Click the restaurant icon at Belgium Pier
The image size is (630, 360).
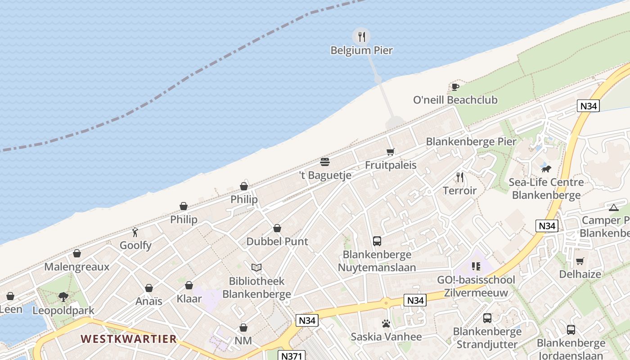[362, 37]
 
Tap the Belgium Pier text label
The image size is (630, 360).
[362, 50]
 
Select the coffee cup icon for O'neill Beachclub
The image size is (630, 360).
[455, 87]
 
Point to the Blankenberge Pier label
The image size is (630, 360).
[471, 141]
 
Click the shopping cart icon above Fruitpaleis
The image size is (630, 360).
[390, 152]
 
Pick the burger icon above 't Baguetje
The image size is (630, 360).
[325, 162]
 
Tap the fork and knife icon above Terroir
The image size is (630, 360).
[459, 177]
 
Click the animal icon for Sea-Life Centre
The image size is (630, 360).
[546, 169]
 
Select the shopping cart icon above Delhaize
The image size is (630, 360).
[580, 261]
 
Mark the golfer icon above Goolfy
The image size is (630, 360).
[135, 232]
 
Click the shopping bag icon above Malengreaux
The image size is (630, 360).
[77, 254]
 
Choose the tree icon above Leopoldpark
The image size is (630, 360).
[63, 297]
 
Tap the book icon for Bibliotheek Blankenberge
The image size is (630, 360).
[256, 268]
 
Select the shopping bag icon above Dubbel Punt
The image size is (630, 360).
[277, 229]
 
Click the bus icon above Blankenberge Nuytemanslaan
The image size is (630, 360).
[377, 241]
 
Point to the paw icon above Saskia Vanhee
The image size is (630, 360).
[386, 324]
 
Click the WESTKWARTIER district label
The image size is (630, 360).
[129, 339]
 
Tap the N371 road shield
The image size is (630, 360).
[292, 355]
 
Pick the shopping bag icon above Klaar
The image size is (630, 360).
[189, 285]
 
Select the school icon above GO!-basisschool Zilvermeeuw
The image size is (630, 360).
[476, 266]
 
